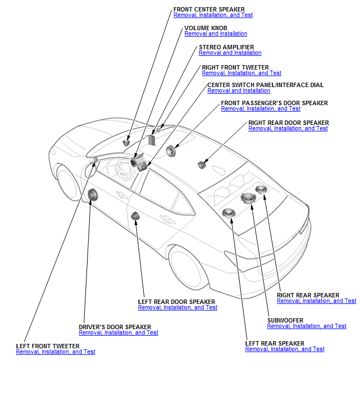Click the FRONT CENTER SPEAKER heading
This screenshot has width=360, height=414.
coord(209,9)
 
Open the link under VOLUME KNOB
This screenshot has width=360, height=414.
coord(216,34)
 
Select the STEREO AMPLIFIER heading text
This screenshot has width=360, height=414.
coord(226,47)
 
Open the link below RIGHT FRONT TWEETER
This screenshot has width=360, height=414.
coord(241,73)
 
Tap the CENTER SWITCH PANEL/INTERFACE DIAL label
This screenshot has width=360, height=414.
coord(265,85)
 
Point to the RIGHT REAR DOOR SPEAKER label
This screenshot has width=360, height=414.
coord(288,123)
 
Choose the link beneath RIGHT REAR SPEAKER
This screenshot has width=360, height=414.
coord(316,301)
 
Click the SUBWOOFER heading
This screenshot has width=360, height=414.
coord(285,320)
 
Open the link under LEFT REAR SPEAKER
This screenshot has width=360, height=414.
coord(284,349)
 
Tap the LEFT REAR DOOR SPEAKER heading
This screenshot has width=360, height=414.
coord(176,302)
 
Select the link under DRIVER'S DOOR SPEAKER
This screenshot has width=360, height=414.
coord(118,333)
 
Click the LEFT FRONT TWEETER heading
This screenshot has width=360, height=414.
coord(48,346)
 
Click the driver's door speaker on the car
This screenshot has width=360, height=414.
coord(92,194)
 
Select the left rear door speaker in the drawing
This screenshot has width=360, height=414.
coord(135,216)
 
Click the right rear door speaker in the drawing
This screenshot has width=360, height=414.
coord(202,164)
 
